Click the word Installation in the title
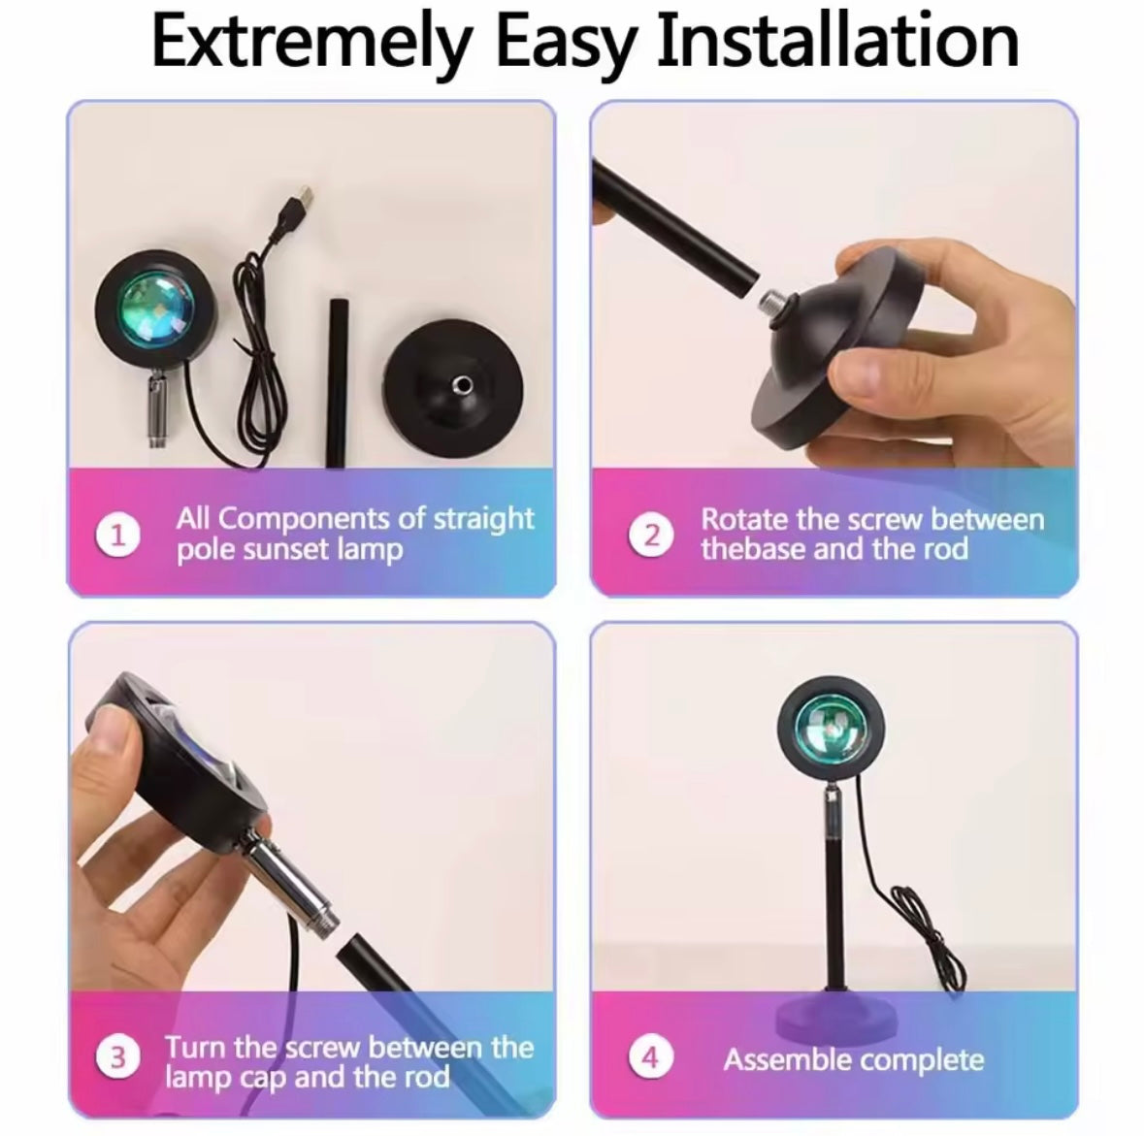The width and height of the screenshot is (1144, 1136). point(837,43)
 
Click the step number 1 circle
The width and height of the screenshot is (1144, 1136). point(117,536)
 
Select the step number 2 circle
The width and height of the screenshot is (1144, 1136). point(651,536)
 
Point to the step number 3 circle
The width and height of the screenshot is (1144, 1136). point(117,1057)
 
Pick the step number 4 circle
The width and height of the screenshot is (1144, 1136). point(651,1057)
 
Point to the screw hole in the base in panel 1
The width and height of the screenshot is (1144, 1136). point(461,384)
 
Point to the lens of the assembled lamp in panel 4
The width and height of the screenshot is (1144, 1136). point(832,729)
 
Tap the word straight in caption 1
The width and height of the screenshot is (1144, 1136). point(484,519)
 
